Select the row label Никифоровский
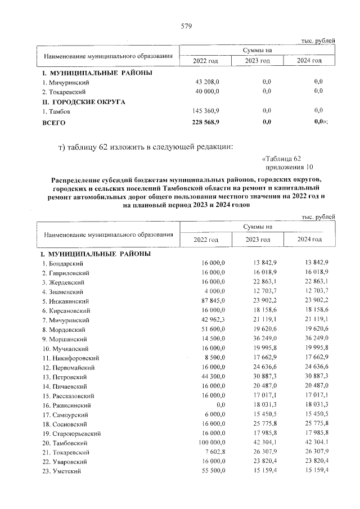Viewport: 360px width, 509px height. pos(71,358)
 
